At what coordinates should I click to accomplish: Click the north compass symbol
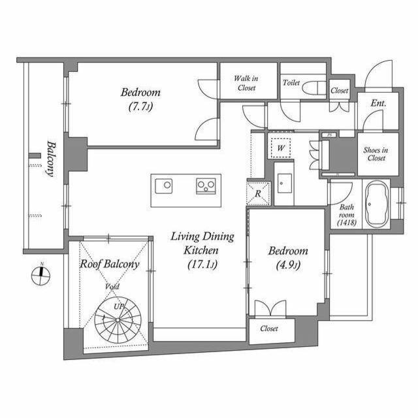coord(40,275)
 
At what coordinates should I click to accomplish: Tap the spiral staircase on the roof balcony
coord(118,320)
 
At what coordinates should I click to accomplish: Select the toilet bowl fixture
coord(314,88)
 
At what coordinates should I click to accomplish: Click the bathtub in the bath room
coord(376,204)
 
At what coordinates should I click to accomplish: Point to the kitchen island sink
coord(164,185)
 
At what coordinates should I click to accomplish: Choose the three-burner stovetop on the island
coord(206,185)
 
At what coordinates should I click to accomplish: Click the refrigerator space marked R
coord(259,193)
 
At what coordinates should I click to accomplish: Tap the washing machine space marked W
coord(281,148)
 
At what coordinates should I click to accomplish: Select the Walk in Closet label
coord(246,83)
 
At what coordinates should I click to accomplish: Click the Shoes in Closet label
coord(376,154)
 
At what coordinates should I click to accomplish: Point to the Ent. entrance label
coord(379,103)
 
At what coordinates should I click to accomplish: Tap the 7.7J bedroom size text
coord(140,107)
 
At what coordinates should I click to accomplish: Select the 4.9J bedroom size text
coord(289,265)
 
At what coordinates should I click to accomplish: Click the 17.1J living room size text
coord(202,265)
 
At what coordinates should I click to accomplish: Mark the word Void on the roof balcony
coord(112,287)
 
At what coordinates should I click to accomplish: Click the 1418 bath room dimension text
coord(347,222)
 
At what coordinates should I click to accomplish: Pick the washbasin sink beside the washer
coord(284,183)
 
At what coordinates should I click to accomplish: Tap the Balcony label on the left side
coord(51,159)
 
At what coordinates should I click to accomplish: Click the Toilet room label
coord(291,83)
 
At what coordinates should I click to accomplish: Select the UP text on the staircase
coord(119,306)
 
